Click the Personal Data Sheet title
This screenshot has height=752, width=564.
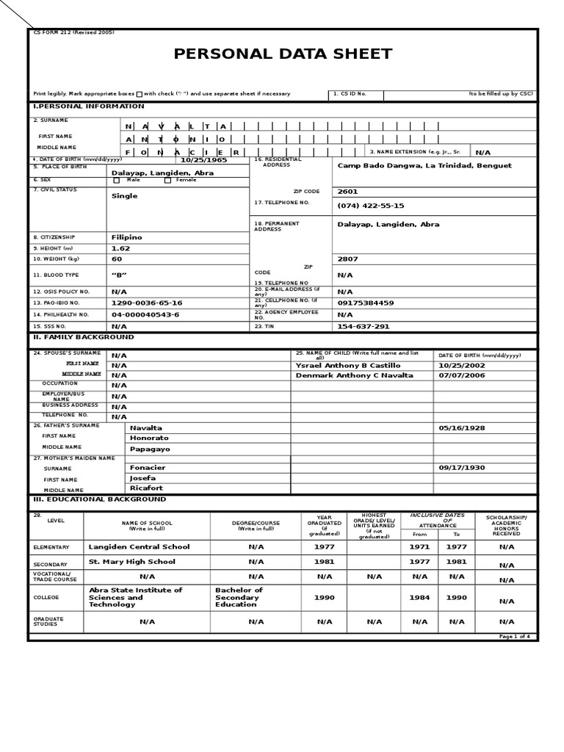[283, 54]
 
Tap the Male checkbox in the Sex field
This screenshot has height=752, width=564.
[116, 180]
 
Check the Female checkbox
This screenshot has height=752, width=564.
[167, 180]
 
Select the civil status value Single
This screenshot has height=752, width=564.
[124, 196]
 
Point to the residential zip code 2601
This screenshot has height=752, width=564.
[347, 192]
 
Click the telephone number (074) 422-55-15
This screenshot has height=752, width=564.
[370, 206]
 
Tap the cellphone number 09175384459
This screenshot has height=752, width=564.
[365, 303]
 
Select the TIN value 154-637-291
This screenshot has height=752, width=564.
[363, 326]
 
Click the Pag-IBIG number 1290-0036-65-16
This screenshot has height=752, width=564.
[146, 303]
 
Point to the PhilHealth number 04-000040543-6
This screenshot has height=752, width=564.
[145, 314]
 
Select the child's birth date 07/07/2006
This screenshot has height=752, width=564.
[463, 375]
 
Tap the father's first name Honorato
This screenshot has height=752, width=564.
[149, 438]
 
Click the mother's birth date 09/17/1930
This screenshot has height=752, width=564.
[462, 467]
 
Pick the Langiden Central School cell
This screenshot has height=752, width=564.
[139, 546]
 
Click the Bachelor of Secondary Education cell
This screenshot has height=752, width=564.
[239, 597]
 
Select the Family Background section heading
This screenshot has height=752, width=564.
[83, 337]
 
